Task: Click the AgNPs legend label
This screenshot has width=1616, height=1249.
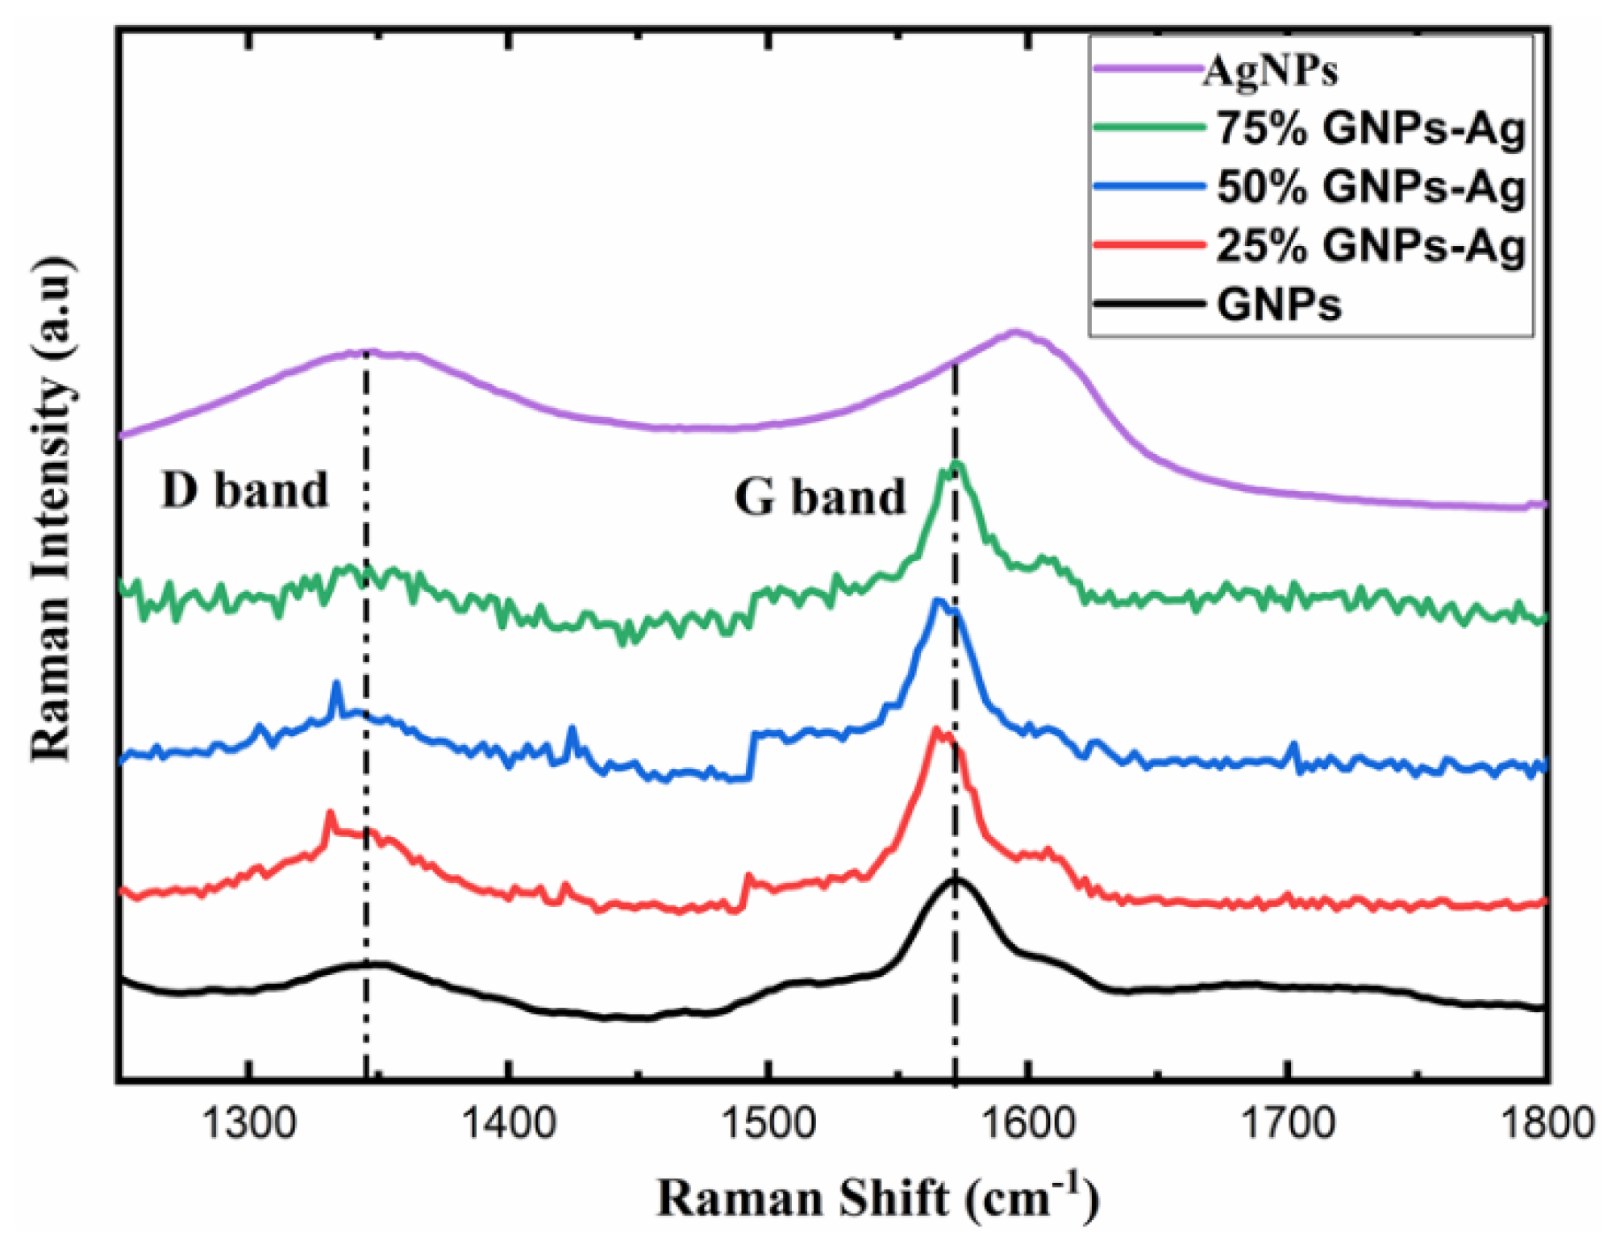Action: coord(1269,71)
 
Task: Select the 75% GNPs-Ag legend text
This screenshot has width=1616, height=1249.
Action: coord(1370,128)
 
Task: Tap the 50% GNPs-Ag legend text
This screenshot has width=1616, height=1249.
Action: coord(1370,187)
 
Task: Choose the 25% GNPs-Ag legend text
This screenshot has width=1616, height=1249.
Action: coord(1370,245)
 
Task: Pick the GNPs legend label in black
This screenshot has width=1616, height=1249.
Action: coord(1278,305)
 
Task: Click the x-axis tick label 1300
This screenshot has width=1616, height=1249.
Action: coord(249,1123)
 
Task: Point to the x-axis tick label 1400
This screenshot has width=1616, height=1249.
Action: coord(508,1123)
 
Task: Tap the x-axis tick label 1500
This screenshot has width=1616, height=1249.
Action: coord(768,1123)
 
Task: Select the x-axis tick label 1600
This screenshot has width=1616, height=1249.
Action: coord(1027,1123)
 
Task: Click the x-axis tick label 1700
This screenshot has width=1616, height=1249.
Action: coord(1288,1123)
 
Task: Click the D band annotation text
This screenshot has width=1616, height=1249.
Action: coord(244,489)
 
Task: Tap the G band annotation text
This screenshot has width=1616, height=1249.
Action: coord(819,497)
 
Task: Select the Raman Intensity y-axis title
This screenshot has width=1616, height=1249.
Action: coord(52,508)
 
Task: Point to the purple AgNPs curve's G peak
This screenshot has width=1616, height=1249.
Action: coord(1015,331)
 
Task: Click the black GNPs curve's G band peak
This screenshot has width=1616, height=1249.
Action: coord(956,879)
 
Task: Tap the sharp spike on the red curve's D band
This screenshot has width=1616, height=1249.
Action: coord(329,814)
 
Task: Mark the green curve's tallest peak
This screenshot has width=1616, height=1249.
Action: coord(956,464)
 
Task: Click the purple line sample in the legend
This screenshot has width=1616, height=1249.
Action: coord(1146,69)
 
